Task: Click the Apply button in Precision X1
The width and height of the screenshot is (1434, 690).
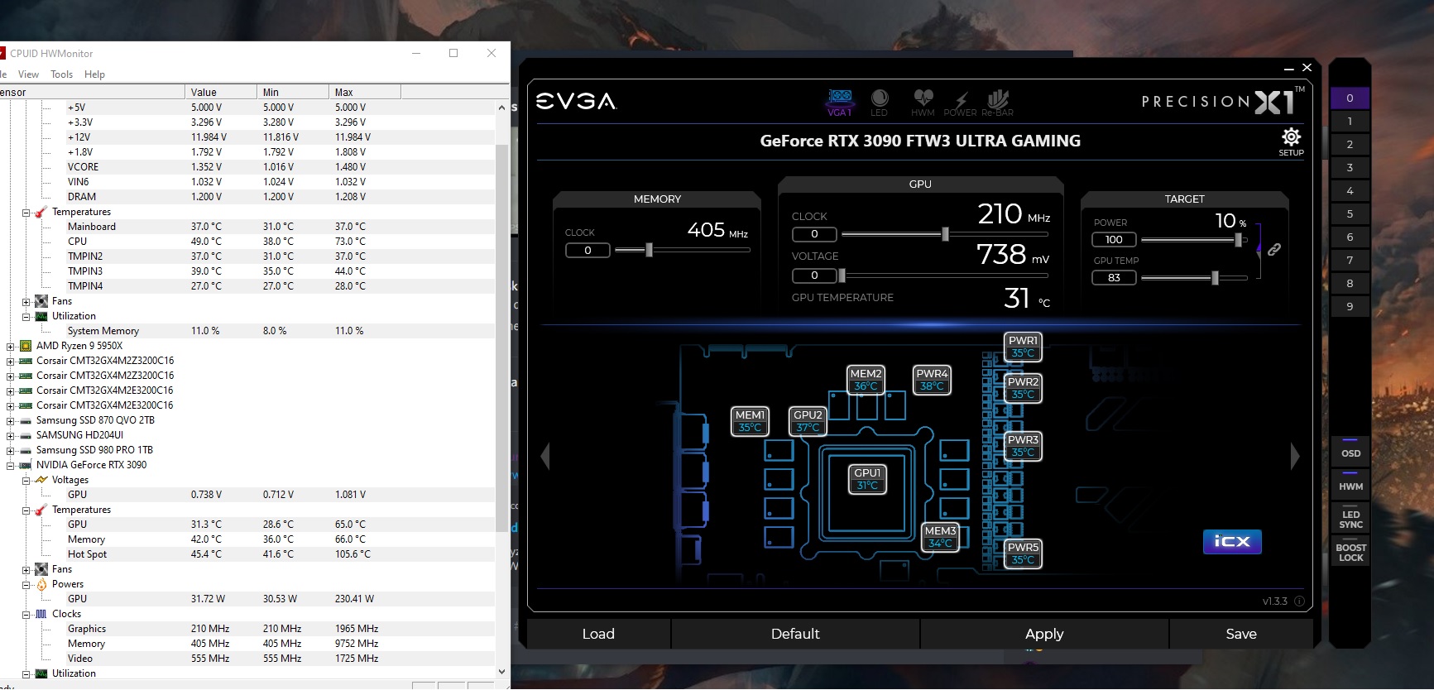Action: coord(1044,634)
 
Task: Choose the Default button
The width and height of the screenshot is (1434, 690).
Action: coord(795,634)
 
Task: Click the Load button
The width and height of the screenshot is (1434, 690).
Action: coord(598,634)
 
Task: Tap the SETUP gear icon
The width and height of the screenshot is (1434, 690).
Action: coord(1291,137)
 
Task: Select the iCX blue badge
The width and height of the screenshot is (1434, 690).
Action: coord(1232,541)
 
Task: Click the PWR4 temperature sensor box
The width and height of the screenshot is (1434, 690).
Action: coord(932,380)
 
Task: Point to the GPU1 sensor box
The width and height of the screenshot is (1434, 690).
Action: coord(867,479)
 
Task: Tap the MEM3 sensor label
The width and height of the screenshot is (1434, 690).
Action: coord(940,537)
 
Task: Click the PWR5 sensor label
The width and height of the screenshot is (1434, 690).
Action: coord(1023,553)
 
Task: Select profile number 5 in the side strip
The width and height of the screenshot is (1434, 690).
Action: coord(1350,213)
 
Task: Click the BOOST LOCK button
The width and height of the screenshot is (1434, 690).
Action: coord(1350,553)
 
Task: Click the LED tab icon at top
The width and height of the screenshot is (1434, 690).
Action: coord(879,103)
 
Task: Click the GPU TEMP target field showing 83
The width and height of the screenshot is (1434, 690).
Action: coord(1114,278)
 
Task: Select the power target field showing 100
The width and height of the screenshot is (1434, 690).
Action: coord(1114,240)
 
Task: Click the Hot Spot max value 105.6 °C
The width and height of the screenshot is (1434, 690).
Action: coord(353,554)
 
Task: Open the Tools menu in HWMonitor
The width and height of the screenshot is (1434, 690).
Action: coord(61,74)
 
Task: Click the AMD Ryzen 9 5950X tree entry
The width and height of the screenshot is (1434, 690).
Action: coord(79,346)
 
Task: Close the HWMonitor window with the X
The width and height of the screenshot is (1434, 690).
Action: coord(492,53)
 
